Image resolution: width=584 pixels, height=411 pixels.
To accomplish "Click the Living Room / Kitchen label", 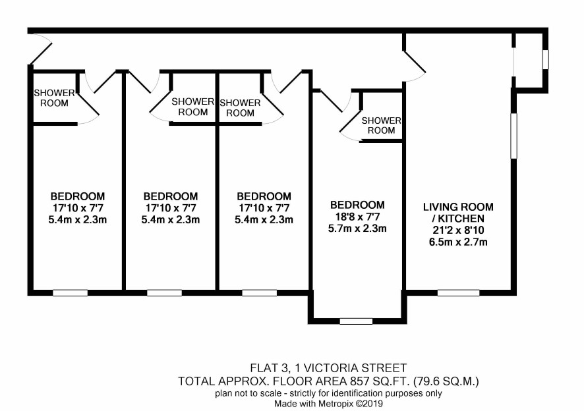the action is coord(458,213).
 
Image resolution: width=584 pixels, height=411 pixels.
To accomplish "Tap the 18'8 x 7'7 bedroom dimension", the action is coord(357,217).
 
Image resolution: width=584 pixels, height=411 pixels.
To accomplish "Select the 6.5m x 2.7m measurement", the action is coord(458,242).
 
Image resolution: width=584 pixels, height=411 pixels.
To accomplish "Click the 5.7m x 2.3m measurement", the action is coord(357,228).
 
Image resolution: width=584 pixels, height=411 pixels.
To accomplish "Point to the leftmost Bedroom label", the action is coord(78,196).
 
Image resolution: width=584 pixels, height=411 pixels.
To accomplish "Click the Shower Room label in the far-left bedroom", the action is coord(54,98).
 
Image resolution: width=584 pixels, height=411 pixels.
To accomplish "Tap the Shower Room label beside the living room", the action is coord(381,125).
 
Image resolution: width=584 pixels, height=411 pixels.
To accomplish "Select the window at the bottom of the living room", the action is coord(458,292).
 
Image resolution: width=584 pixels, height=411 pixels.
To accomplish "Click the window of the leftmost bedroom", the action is coord(70,292).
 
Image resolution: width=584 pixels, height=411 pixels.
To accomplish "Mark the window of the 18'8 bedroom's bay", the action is coord(356,321).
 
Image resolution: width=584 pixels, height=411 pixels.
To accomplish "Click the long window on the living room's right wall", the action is coord(514,136).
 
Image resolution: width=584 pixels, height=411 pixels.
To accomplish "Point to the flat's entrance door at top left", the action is coord(40,49).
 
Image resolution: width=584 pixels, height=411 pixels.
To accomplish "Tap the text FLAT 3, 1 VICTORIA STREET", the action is coord(328,368).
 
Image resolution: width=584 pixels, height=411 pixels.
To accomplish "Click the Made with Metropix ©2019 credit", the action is coord(328,404).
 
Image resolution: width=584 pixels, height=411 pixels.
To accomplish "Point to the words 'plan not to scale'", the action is coord(248,393).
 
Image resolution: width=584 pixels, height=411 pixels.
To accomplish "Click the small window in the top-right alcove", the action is coord(545,59).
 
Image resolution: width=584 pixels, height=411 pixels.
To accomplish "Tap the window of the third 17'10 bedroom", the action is coord(259,292).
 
